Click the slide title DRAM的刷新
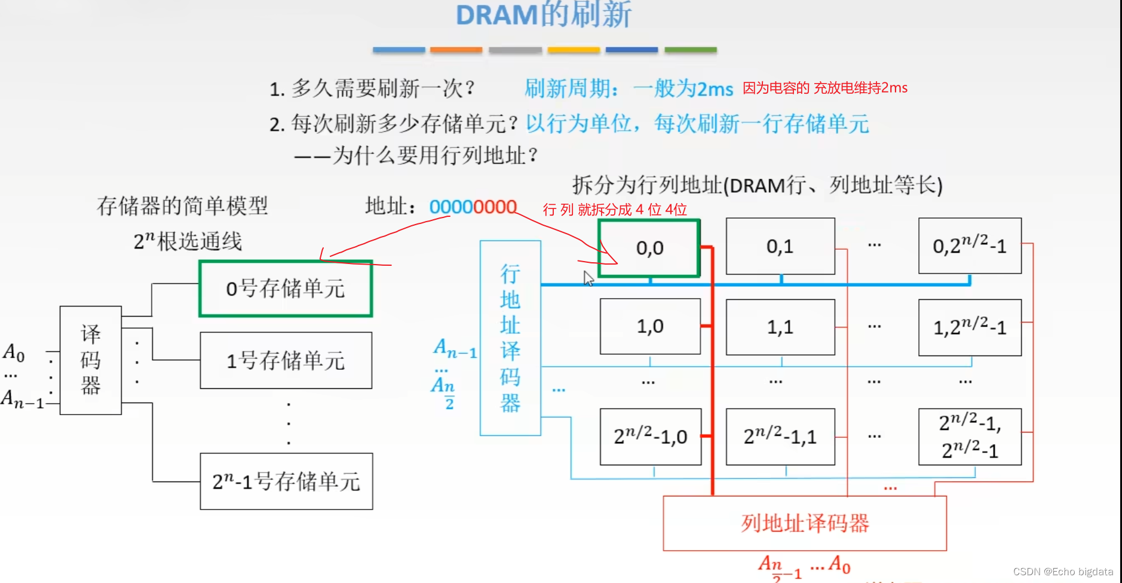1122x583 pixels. pos(543,15)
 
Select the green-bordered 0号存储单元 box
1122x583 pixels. pos(286,289)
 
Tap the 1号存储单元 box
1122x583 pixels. pos(286,360)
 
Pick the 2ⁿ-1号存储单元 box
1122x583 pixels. pos(286,481)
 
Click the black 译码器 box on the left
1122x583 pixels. pos(91,360)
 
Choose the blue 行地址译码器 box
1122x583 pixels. pos(510,338)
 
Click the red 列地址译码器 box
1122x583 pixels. pos(804,523)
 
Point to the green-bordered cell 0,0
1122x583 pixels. pos(649,248)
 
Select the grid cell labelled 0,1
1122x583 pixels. pos(780,246)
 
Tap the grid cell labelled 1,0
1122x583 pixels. pos(650,326)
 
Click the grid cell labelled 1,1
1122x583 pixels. pos(780,327)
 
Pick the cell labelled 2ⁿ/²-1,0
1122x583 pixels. pos(650,437)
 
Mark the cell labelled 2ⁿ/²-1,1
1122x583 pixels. pos(780,437)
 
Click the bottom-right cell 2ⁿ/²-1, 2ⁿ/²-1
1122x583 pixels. pos(970,437)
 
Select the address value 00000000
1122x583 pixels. pos(473,207)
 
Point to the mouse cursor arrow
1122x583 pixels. pos(588,278)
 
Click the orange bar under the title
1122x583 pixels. pos(456,50)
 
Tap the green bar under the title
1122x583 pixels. pos(690,50)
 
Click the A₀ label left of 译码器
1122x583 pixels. pos(13,352)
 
